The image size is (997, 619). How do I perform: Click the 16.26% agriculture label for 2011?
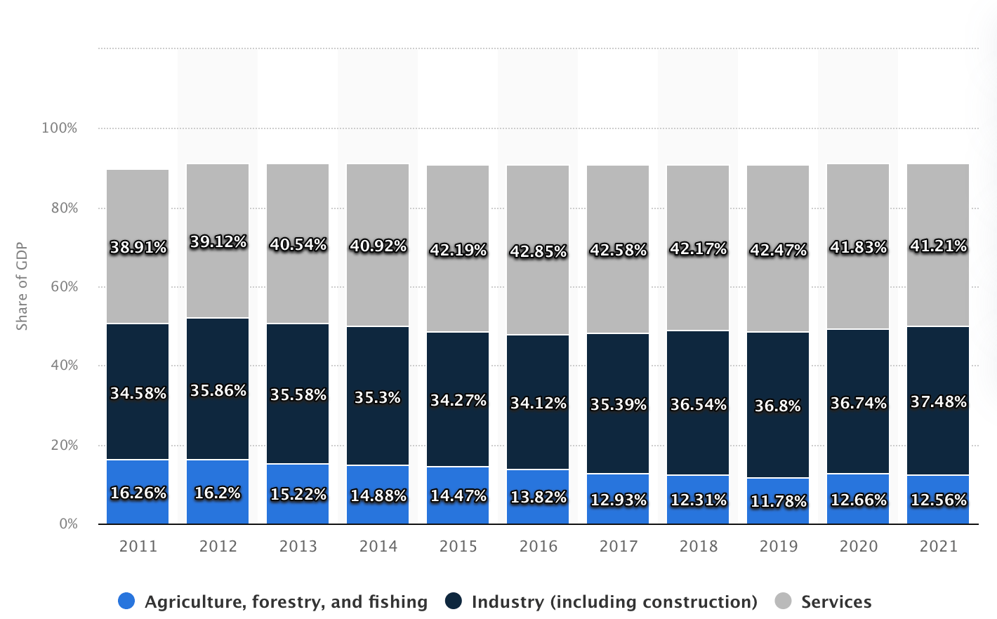click(x=138, y=493)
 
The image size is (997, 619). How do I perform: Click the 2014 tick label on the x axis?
click(x=378, y=546)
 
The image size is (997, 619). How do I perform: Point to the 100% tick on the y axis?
click(x=59, y=128)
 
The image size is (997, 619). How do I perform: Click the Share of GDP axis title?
click(x=22, y=286)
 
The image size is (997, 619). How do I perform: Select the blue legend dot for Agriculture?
click(x=126, y=601)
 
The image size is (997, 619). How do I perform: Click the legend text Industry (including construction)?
click(x=614, y=601)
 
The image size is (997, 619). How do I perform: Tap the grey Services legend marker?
click(x=783, y=601)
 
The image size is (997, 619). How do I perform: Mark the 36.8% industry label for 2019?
click(x=778, y=406)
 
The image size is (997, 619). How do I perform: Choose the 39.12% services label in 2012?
click(x=218, y=241)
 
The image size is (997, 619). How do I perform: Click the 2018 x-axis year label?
click(x=698, y=546)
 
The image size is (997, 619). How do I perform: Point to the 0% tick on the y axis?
click(x=68, y=524)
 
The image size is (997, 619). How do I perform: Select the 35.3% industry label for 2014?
click(x=378, y=397)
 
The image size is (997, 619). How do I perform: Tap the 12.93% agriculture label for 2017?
click(x=618, y=500)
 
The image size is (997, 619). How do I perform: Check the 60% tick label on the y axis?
click(x=64, y=286)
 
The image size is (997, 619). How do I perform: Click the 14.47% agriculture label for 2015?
click(x=458, y=495)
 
